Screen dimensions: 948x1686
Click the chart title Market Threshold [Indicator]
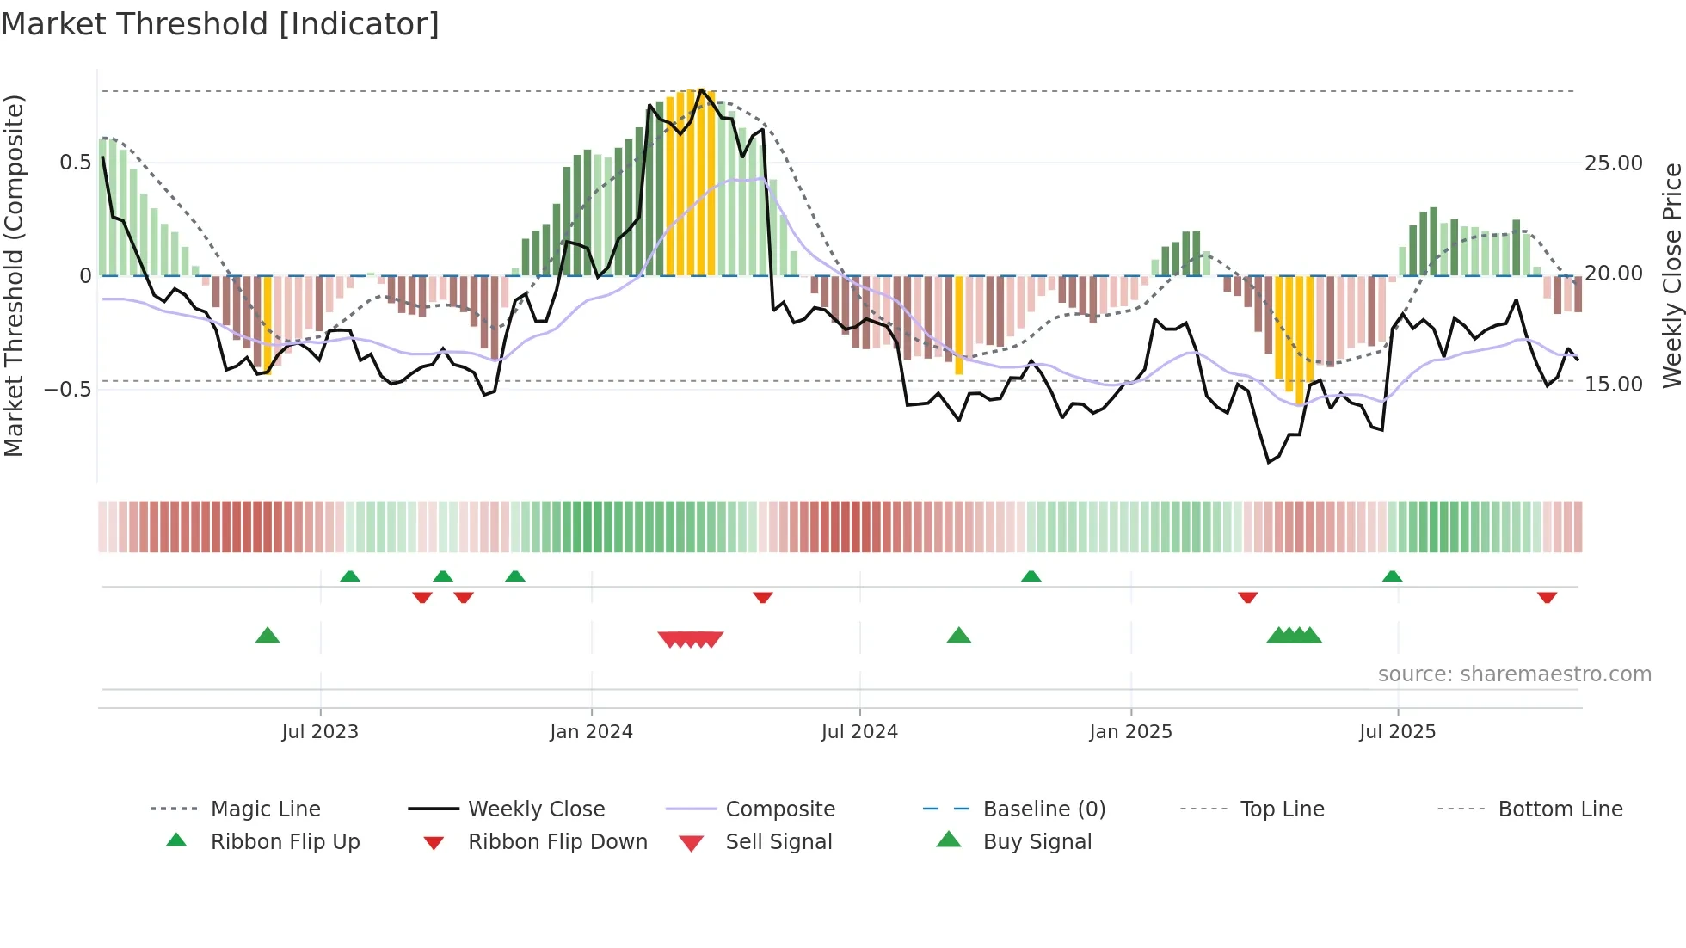[x=220, y=24]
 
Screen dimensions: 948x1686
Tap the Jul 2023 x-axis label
[x=320, y=732]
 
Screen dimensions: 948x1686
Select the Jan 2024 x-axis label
[x=591, y=732]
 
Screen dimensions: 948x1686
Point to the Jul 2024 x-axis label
[x=859, y=732]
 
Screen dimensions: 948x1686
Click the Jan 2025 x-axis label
[x=1130, y=732]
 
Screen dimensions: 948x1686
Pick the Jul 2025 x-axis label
[x=1397, y=732]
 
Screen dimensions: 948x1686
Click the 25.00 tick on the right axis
[x=1613, y=163]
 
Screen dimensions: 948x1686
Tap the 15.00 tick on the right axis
[x=1613, y=385]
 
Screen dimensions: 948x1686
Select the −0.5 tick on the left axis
[x=68, y=389]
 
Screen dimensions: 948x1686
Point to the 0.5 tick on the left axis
[x=75, y=163]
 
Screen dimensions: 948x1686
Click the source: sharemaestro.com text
[x=1514, y=674]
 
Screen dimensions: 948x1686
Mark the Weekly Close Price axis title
[x=1671, y=275]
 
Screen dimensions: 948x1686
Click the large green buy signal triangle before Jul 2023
[x=268, y=636]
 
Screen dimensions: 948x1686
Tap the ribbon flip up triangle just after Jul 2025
[x=1392, y=576]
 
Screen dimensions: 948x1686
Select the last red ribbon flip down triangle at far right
[x=1547, y=597]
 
